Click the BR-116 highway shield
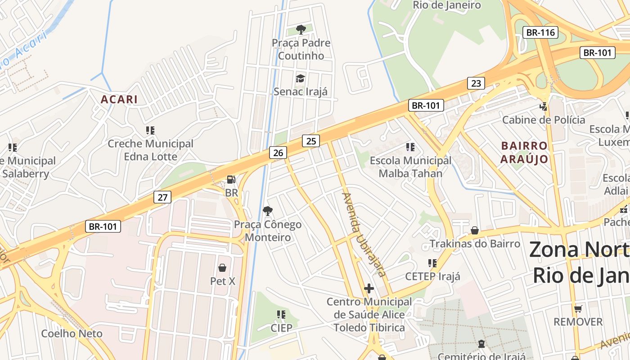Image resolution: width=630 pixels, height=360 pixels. tap(540, 32)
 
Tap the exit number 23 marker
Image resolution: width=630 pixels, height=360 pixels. tap(476, 83)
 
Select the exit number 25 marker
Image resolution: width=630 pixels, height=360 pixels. tap(310, 141)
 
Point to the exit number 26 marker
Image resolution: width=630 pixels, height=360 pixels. tap(278, 153)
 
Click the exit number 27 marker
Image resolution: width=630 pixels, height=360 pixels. tap(162, 197)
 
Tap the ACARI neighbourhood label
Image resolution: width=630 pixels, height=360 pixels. tap(119, 99)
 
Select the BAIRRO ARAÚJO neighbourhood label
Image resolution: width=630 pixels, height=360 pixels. tap(524, 153)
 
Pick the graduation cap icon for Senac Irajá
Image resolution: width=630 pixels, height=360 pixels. tap(300, 79)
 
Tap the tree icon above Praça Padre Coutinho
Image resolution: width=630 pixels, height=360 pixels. tap(301, 30)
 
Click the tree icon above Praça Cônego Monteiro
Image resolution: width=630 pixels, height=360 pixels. tap(268, 211)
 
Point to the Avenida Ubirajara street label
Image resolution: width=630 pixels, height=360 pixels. tap(364, 234)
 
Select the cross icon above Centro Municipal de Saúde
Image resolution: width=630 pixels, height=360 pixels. tap(369, 288)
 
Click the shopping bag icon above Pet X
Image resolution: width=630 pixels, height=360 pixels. tap(222, 268)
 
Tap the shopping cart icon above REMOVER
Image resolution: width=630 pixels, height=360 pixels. tap(578, 309)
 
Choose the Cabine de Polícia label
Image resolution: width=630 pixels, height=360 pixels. tap(544, 120)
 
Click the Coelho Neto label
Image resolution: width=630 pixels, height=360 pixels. tap(72, 333)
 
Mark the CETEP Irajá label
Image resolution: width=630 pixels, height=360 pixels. tap(432, 276)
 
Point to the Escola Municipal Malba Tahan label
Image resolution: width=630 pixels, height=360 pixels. tap(410, 166)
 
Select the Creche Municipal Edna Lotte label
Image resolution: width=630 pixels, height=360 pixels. tap(150, 150)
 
